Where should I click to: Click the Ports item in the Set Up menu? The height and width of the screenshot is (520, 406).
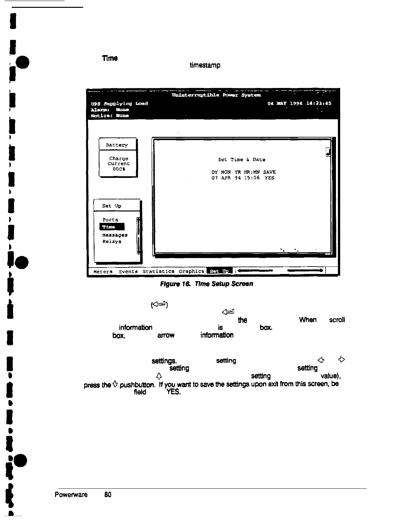[x=110, y=220]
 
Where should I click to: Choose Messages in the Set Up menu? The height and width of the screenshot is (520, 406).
[x=115, y=235]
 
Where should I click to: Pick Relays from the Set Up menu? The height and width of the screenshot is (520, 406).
[x=112, y=241]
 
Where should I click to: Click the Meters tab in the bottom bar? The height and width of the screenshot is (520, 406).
[x=103, y=271]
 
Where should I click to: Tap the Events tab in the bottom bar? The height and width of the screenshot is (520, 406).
[x=128, y=271]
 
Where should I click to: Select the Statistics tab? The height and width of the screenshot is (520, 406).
[x=158, y=271]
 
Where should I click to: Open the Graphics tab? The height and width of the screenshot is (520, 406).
[x=191, y=271]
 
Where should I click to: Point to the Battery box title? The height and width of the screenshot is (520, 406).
[x=117, y=145]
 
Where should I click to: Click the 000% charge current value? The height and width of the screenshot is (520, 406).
[x=119, y=169]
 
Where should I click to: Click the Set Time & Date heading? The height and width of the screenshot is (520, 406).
[x=241, y=160]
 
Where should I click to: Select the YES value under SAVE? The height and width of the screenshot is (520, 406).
[x=269, y=178]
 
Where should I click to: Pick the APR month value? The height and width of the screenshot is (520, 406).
[x=226, y=178]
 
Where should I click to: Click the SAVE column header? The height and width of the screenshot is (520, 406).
[x=269, y=172]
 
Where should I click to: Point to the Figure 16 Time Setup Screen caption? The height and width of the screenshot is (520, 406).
[x=207, y=284]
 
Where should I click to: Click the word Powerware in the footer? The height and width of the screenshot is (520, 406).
[x=71, y=495]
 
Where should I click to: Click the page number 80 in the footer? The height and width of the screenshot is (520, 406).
[x=108, y=495]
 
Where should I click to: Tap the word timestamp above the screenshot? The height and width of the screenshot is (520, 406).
[x=205, y=65]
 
